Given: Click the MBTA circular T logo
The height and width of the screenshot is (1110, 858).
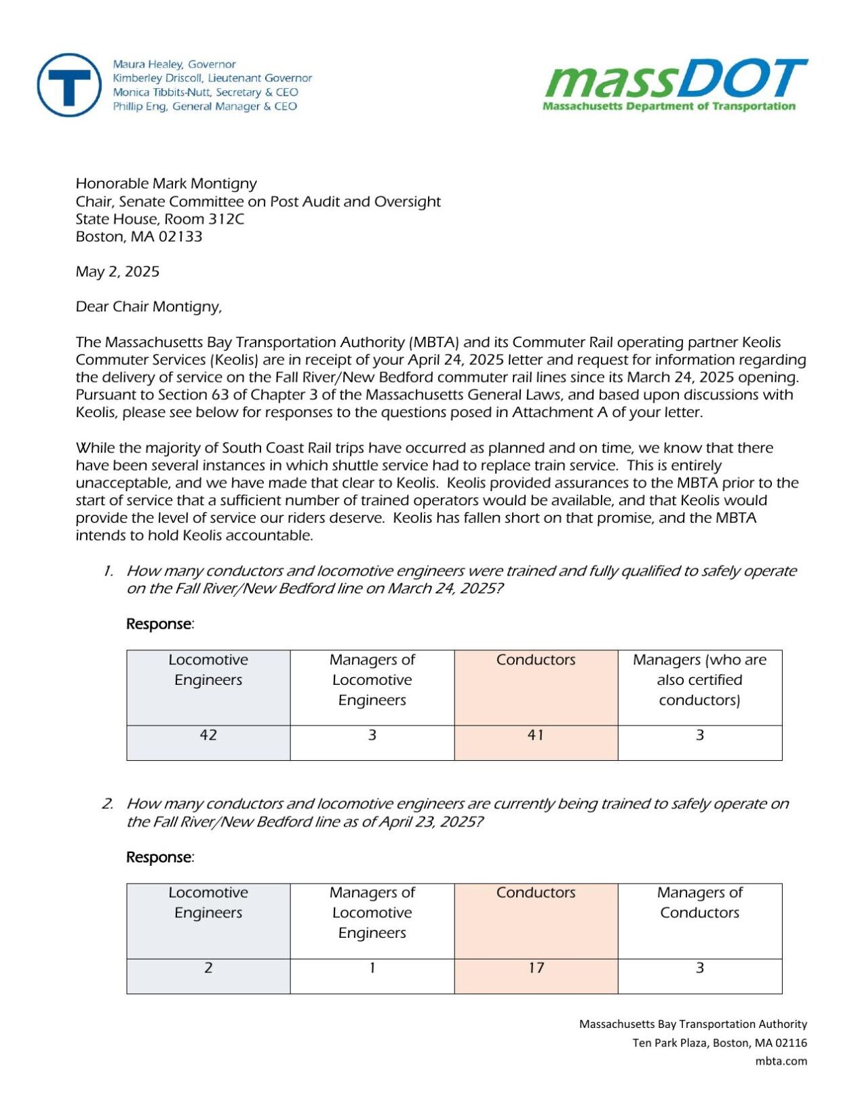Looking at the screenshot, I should click(x=69, y=85).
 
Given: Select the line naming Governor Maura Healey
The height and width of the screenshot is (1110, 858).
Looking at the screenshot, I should click(x=174, y=64).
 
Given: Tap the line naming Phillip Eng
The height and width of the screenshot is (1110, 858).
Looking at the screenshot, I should click(x=205, y=106).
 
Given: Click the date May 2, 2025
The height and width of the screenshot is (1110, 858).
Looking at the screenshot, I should click(x=117, y=272).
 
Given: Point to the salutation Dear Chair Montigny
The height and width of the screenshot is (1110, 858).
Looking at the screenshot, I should click(x=149, y=307).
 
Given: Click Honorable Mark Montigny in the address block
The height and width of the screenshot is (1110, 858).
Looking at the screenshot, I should click(x=166, y=184).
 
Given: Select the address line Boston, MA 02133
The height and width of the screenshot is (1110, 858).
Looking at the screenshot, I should click(x=139, y=237).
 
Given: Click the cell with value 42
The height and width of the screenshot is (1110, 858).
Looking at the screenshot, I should click(x=208, y=735).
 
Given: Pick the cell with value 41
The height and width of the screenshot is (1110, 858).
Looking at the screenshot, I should click(x=536, y=735).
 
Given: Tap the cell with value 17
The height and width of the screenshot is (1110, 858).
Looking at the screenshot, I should click(x=536, y=968).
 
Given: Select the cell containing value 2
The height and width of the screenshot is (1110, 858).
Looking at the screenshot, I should click(x=208, y=968).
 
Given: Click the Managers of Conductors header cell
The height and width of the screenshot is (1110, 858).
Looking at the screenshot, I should click(x=699, y=903).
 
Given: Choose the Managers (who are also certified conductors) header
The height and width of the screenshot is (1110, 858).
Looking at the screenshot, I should click(x=699, y=680).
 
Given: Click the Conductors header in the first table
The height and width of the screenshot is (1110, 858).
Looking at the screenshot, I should click(x=536, y=660).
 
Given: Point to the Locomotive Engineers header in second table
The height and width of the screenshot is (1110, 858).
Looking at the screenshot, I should click(x=208, y=903).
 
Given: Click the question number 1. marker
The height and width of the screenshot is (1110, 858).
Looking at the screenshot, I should click(x=109, y=572).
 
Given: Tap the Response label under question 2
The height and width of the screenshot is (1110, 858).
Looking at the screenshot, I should click(x=159, y=858).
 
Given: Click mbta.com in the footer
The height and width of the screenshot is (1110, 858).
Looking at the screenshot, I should click(x=781, y=1062).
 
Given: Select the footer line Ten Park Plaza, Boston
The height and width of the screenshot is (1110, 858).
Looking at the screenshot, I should click(x=719, y=1044).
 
